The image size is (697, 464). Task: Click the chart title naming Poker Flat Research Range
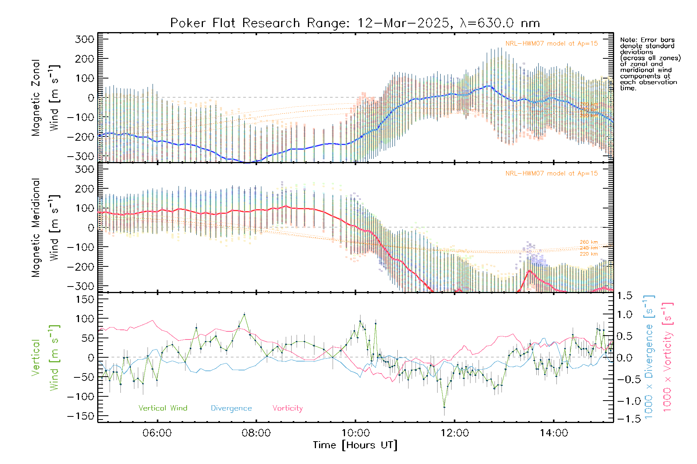click(355, 23)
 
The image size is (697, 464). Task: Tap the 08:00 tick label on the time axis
click(256, 433)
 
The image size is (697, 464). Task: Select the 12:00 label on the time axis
click(455, 433)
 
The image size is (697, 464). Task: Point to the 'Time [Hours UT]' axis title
click(355, 445)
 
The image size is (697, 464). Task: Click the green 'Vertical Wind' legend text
click(163, 408)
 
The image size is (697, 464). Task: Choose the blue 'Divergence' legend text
click(231, 408)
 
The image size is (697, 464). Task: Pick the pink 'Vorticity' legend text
click(287, 408)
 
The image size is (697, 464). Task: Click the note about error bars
click(650, 64)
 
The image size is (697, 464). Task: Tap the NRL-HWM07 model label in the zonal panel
click(551, 44)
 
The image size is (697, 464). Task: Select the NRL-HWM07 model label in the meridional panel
click(551, 174)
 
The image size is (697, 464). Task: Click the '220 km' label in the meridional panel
click(589, 254)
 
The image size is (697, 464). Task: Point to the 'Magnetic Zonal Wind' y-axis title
click(46, 98)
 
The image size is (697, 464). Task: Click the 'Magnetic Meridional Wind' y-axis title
click(46, 228)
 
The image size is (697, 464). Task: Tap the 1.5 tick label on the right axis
click(624, 296)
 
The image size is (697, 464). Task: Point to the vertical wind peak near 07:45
click(244, 314)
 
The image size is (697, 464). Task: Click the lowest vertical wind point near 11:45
click(444, 407)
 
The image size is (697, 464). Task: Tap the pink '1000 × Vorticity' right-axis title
click(668, 357)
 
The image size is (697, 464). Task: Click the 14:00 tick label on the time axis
click(554, 433)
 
